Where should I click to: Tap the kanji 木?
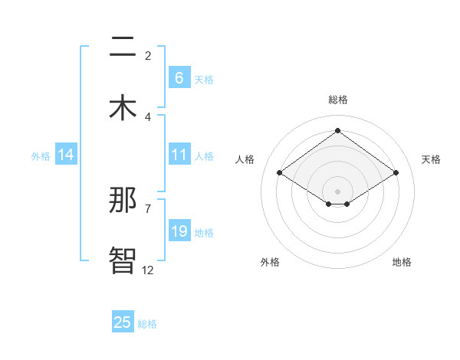pyautogui.click(x=123, y=108)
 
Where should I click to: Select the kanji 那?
pyautogui.click(x=123, y=201)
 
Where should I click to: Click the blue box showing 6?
pyautogui.click(x=179, y=77)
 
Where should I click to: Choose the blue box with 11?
pyautogui.click(x=179, y=155)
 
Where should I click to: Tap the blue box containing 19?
pyautogui.click(x=179, y=231)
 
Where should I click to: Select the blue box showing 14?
pyautogui.click(x=66, y=155)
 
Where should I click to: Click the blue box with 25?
pyautogui.click(x=123, y=322)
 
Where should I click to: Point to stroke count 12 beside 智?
pyautogui.click(x=148, y=270)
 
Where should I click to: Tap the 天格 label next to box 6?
pyautogui.click(x=204, y=79)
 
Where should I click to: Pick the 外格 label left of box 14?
pyautogui.click(x=41, y=155)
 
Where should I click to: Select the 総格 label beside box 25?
pyautogui.click(x=148, y=324)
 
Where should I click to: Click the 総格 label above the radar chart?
pyautogui.click(x=337, y=100)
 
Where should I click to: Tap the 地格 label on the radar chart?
pyautogui.click(x=402, y=262)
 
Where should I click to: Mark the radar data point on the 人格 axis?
pyautogui.click(x=280, y=173)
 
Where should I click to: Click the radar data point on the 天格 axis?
pyautogui.click(x=396, y=173)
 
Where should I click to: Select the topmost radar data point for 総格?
pyautogui.click(x=337, y=131)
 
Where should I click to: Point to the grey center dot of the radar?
pyautogui.click(x=337, y=191)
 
